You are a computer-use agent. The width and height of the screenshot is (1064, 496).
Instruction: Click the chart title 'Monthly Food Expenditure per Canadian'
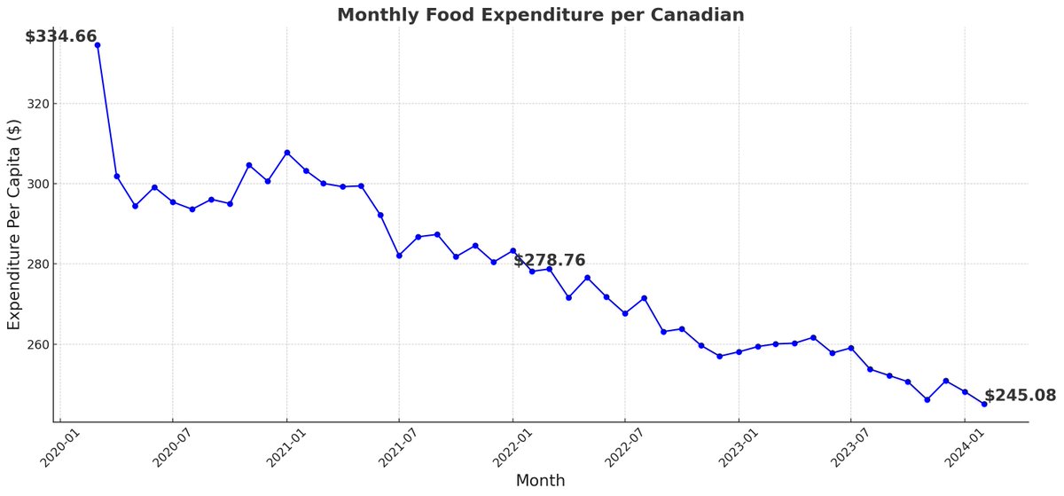point(540,15)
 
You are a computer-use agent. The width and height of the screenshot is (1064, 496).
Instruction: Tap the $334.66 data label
point(60,36)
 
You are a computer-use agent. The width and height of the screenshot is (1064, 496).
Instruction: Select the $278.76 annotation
point(549,260)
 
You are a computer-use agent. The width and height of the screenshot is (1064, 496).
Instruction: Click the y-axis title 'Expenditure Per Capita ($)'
point(14,224)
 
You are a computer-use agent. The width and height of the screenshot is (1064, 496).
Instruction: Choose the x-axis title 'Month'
point(540,480)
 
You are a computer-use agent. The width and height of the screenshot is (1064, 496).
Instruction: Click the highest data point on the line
point(98,44)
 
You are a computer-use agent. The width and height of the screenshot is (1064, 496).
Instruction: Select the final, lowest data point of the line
point(983,404)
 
